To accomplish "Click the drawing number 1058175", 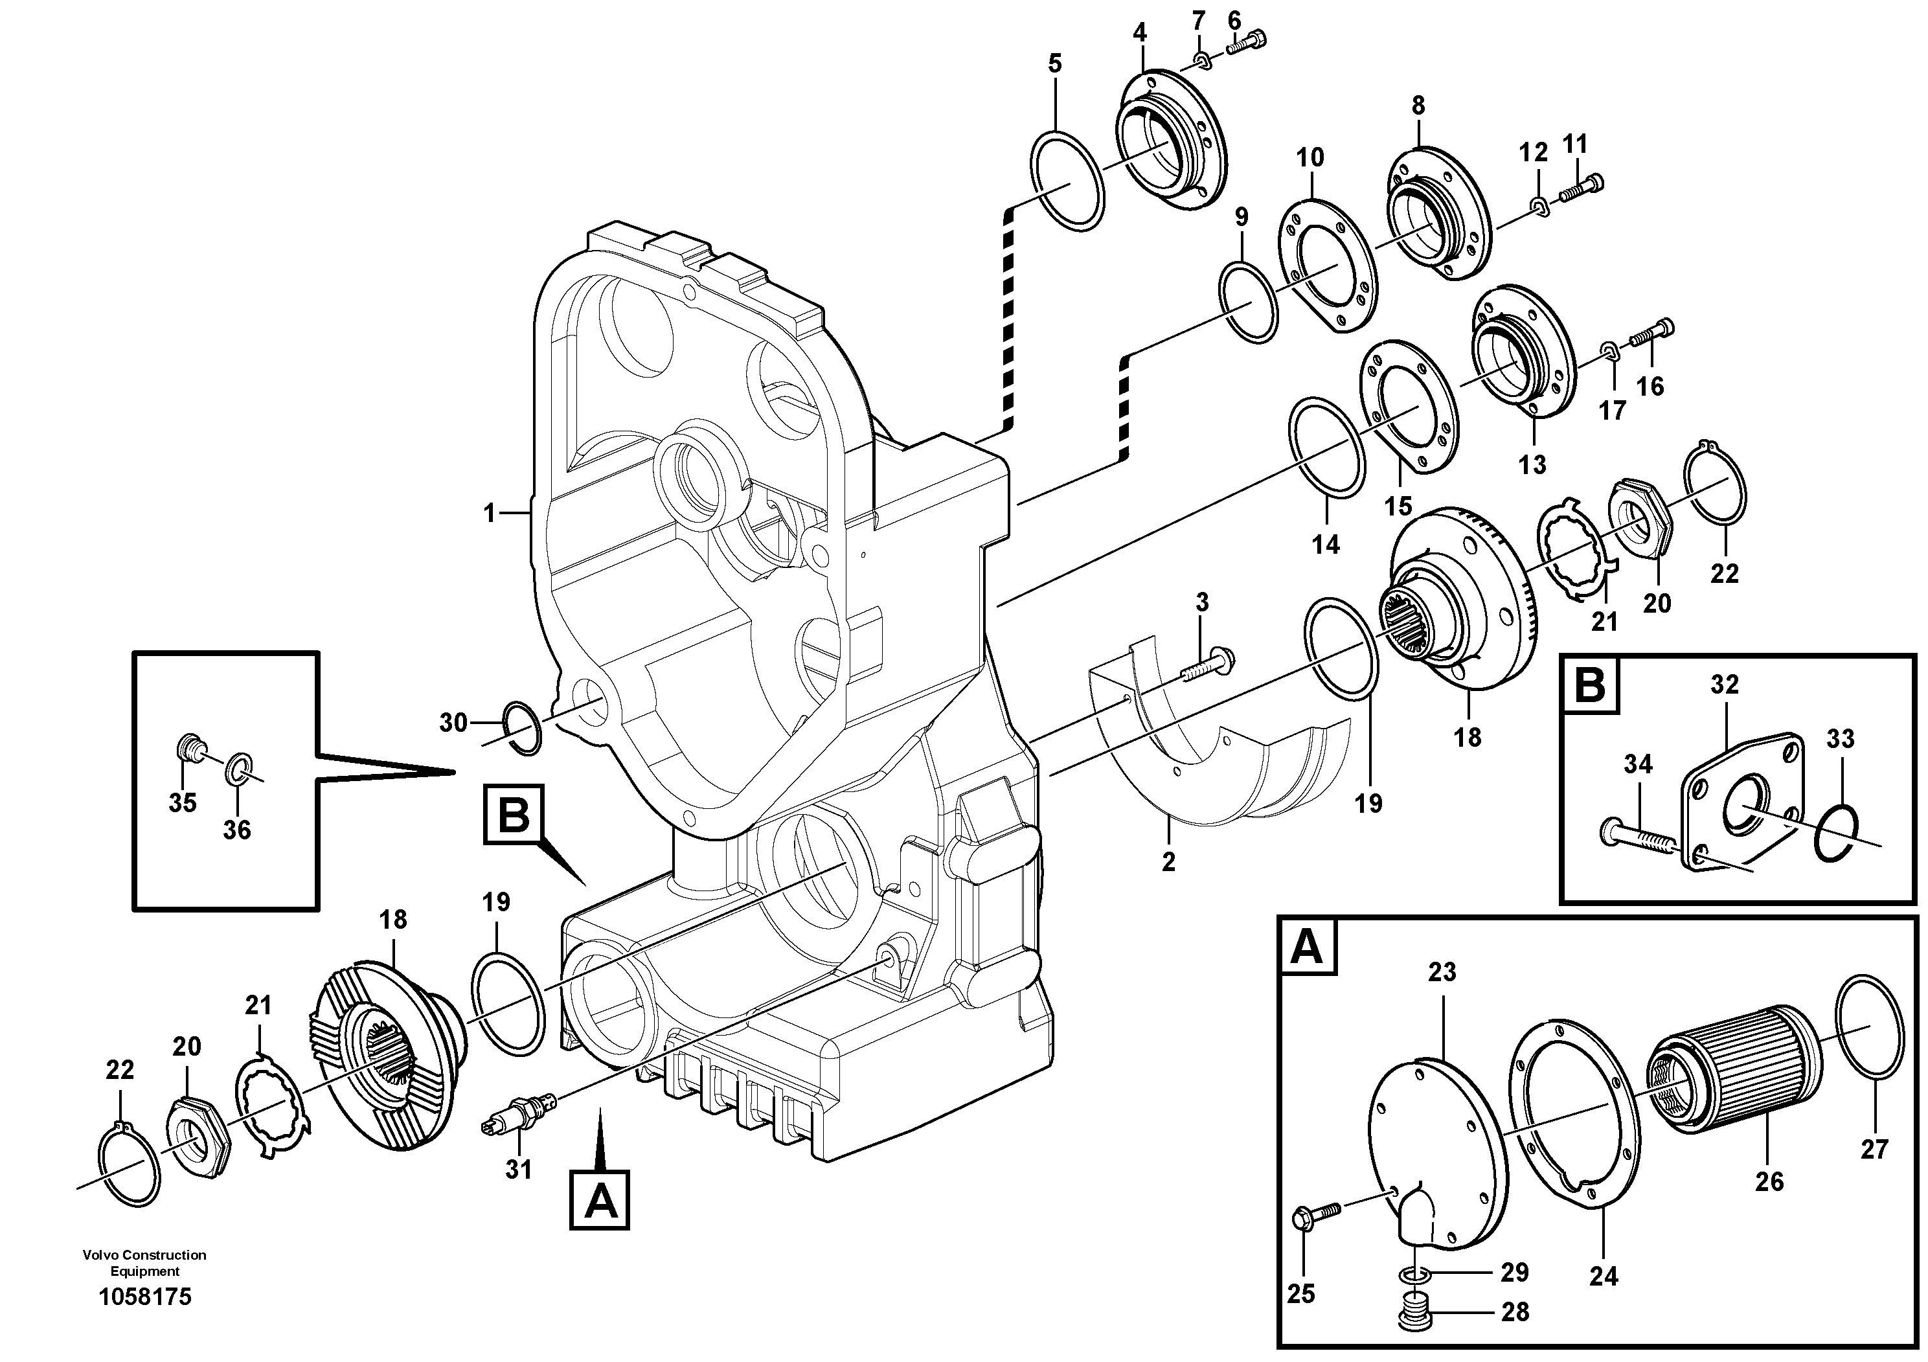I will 144,1297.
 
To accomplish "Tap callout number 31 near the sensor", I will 518,1169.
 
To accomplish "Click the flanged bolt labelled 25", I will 1316,1212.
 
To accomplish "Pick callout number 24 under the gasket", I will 1603,1277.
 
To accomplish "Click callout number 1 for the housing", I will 490,513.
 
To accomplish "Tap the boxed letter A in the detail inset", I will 1308,948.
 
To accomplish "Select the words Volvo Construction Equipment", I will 144,1262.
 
